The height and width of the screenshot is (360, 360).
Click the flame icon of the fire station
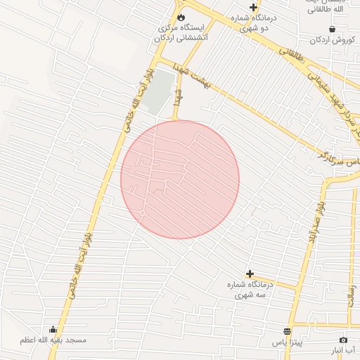pos(181,16)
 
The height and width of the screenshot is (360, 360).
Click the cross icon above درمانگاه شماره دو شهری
pos(253,7)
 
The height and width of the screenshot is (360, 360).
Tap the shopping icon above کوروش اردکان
pos(332,30)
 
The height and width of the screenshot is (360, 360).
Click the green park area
pos(161,91)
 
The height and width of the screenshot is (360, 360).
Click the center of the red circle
pos(180,179)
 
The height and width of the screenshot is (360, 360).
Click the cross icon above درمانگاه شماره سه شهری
pos(250,274)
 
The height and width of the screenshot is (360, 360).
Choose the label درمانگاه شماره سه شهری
pos(250,290)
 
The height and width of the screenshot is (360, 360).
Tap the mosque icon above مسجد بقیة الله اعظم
pos(53,330)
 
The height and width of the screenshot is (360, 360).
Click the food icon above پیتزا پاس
pos(287,331)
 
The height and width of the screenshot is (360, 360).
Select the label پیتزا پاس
pos(288,342)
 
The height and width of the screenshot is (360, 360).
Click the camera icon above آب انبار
pos(343,340)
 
